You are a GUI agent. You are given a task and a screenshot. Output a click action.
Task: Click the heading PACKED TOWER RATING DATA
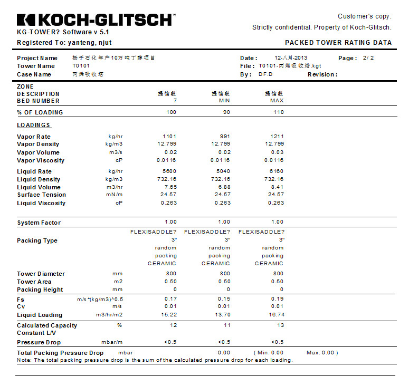pos(338,43)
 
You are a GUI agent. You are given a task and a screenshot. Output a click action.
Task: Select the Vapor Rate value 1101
pos(169,137)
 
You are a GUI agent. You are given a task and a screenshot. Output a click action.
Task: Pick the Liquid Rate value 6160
pos(277,171)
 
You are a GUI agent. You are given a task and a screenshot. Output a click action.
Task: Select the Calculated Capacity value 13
pos(280,325)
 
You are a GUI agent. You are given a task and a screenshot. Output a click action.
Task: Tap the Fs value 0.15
pos(224,299)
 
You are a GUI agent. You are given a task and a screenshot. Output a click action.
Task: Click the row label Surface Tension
pos(41,195)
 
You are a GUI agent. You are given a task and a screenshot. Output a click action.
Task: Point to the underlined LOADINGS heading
pos(34,125)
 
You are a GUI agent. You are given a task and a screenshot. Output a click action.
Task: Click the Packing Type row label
pos(37,240)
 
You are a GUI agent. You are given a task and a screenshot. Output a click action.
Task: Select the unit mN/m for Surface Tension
pos(115,195)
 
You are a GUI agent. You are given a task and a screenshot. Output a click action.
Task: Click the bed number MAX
pos(277,101)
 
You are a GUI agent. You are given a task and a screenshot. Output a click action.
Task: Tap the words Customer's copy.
pos(365,16)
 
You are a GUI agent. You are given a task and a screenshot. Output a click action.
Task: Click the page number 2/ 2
pos(368,58)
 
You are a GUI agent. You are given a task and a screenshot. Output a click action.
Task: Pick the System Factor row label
pos(39,223)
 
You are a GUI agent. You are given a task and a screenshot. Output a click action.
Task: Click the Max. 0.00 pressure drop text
pos(322,353)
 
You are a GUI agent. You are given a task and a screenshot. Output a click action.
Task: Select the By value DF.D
pos(265,74)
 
